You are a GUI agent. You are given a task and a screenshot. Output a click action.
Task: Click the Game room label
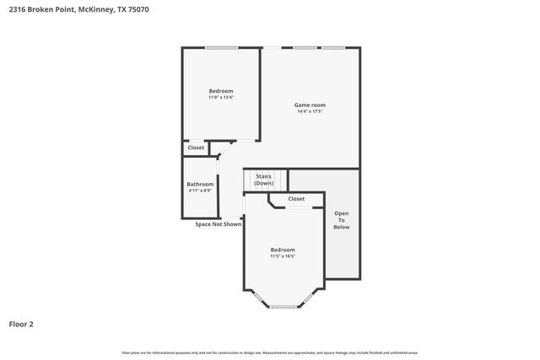coord(310,105)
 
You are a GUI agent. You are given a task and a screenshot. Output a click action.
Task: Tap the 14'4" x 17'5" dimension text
coord(310,111)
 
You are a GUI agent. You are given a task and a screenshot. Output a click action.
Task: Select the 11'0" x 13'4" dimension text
coord(221,98)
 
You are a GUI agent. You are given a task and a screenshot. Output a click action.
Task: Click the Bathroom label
coord(200,184)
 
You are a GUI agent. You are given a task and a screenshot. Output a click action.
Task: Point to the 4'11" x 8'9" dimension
coord(200,191)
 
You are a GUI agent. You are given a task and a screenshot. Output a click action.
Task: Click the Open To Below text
coord(342,220)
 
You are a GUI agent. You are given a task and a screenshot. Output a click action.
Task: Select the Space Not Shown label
coord(218,224)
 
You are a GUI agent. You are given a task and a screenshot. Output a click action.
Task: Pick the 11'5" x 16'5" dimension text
coord(283,256)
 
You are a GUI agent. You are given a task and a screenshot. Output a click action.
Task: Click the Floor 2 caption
coord(21,324)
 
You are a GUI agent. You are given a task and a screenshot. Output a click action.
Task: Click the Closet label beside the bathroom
coord(196,148)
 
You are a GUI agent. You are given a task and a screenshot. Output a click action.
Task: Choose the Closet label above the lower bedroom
coord(296,199)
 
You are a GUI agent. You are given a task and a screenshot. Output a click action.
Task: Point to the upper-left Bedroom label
coord(221,91)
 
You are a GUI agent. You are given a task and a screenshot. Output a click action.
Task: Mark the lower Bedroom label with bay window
coord(283,250)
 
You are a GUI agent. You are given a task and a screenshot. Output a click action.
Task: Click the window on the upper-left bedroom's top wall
coord(221,47)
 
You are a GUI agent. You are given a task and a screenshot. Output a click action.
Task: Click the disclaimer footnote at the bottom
coord(270,352)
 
